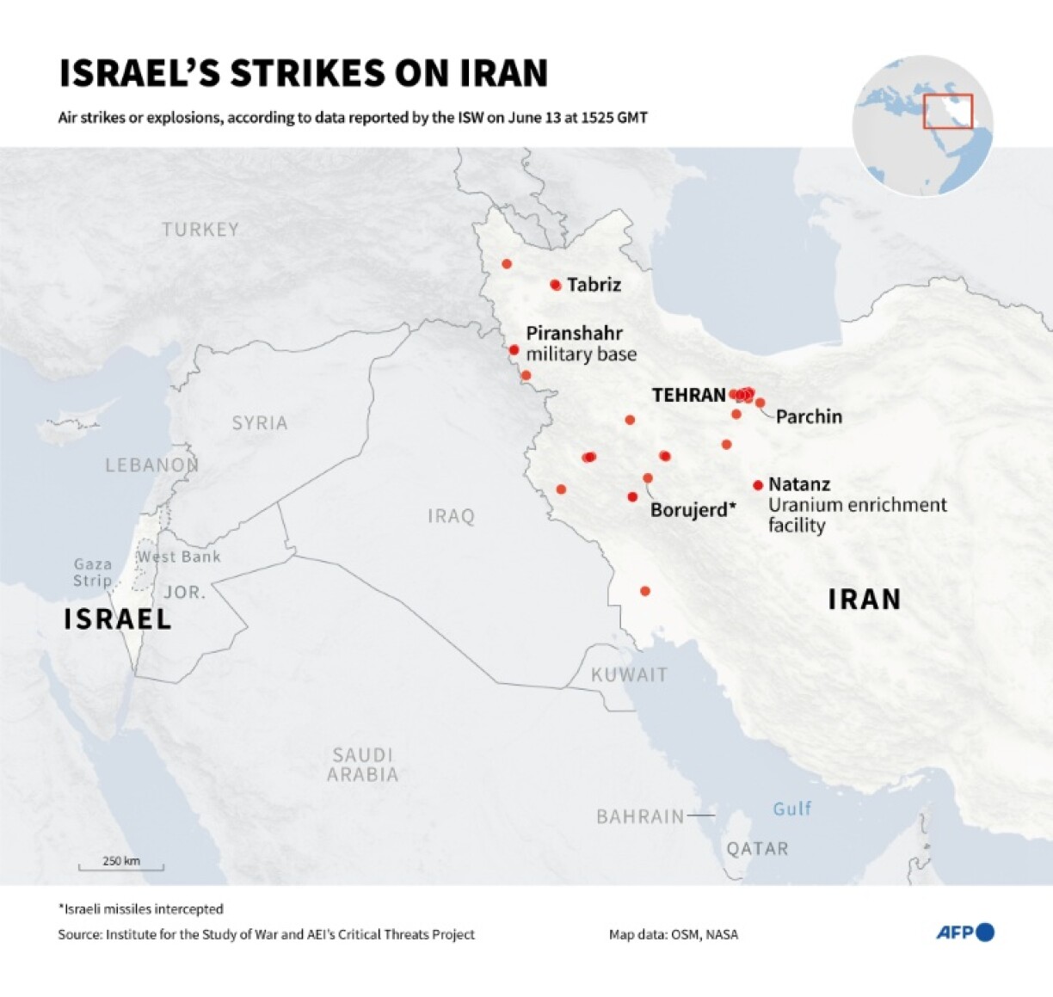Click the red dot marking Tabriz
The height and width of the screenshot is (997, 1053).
tap(556, 285)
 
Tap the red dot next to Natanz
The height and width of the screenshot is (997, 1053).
tap(758, 485)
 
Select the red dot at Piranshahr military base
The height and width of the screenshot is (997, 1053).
tap(514, 350)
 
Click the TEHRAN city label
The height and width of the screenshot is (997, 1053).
tap(688, 395)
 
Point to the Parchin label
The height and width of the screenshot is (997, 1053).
tap(809, 416)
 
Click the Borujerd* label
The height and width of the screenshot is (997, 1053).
tap(693, 510)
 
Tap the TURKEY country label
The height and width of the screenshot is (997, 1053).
tap(200, 230)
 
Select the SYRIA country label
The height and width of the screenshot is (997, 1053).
tap(260, 423)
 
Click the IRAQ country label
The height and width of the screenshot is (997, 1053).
tap(451, 516)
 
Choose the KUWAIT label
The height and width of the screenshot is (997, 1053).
tap(629, 675)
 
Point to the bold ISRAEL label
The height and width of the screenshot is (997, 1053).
tap(118, 619)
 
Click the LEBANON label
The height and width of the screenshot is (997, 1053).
tap(152, 465)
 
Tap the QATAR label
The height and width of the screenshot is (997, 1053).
tap(757, 849)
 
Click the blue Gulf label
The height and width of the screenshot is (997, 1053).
tap(791, 809)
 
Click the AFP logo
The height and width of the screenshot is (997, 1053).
tap(964, 932)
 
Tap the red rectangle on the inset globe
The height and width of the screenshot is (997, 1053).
tap(947, 112)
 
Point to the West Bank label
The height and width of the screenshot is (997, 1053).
tap(179, 557)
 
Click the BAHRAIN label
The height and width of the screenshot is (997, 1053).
tap(640, 816)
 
